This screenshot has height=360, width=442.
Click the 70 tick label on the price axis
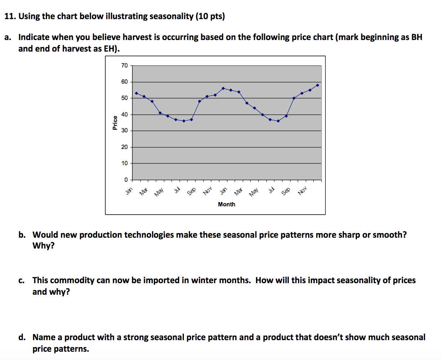click(x=124, y=65)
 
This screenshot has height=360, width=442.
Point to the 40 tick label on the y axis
click(x=124, y=114)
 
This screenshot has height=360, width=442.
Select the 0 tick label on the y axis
click(x=126, y=180)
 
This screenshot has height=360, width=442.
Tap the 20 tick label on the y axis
click(x=124, y=147)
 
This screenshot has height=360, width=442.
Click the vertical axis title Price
click(x=115, y=123)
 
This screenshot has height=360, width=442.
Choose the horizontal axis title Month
click(x=226, y=204)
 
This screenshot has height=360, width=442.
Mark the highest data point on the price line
click(x=317, y=85)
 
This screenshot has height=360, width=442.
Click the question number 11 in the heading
click(x=10, y=17)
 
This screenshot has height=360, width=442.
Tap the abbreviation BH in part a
click(x=416, y=37)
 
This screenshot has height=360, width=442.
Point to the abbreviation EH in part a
click(x=109, y=49)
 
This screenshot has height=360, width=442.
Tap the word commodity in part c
click(x=72, y=280)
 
